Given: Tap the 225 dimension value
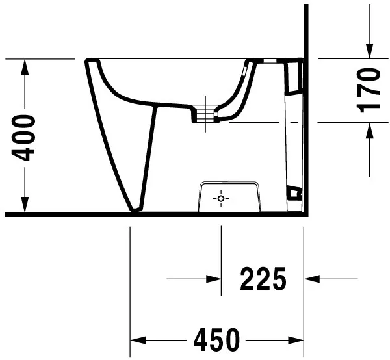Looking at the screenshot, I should click(263, 279).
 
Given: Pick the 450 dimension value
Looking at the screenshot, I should click(216, 339).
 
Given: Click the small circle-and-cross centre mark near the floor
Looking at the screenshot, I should click(221, 198).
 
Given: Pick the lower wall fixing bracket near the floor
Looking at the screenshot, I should click(294, 192).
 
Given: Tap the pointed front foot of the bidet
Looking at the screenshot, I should click(135, 209).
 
